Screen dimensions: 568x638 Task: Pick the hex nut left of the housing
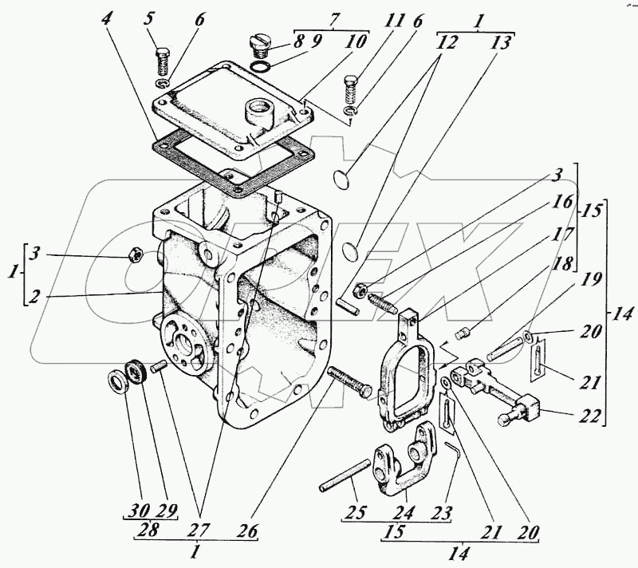pos(135,255)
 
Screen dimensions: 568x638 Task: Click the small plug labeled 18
pos(460,333)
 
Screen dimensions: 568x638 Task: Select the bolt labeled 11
pos(351,86)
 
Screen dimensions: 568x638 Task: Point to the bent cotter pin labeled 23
pos(454,452)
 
